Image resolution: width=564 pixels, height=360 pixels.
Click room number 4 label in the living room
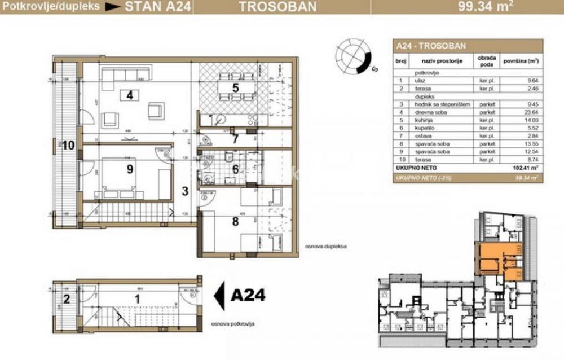pos(130,95)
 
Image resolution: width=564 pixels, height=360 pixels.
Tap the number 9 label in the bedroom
pos(130,169)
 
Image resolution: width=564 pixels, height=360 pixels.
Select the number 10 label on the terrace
pos(68,145)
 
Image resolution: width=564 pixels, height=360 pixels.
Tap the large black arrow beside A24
pos(221,295)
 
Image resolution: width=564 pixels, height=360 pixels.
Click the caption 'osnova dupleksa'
pos(325,247)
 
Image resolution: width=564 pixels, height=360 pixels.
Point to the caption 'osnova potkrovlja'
pos(232,324)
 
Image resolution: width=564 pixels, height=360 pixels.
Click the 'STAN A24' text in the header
pos(149,7)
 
